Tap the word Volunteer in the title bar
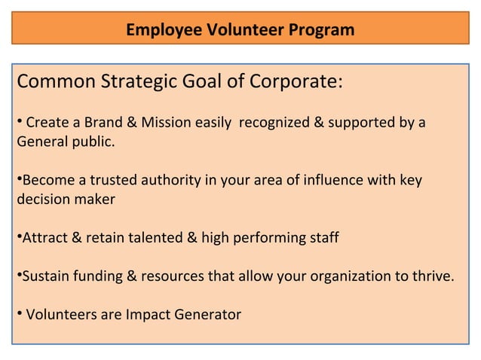pos(240,31)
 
